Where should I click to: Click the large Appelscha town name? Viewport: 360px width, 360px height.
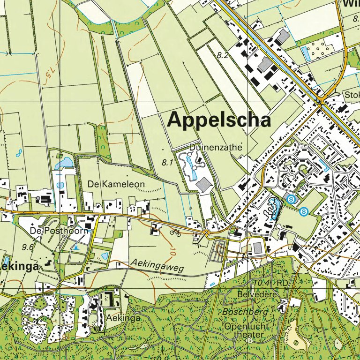[219, 120]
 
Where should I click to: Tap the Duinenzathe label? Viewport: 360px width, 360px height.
[216, 147]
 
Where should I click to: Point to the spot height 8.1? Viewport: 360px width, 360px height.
[167, 163]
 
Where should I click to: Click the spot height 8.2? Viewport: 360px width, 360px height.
[222, 55]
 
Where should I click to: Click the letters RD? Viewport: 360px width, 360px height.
[282, 283]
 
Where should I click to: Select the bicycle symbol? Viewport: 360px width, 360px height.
[175, 232]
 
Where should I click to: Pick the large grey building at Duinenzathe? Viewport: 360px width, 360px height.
[204, 185]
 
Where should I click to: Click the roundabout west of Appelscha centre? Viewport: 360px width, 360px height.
[206, 232]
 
